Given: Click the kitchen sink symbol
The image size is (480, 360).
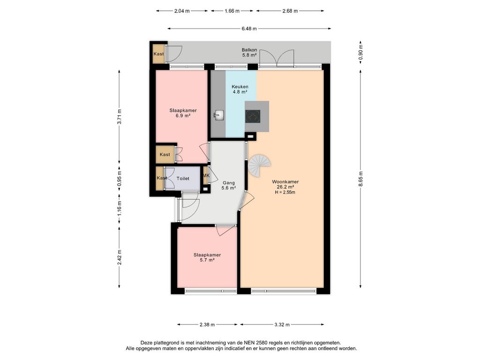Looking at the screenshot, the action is click(219, 116).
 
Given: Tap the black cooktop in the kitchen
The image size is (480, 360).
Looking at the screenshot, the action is click(253, 116).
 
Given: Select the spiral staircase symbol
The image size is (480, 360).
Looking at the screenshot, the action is click(259, 166).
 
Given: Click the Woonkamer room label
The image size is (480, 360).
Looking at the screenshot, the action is click(285, 181).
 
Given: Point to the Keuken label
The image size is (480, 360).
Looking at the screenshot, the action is click(240, 87).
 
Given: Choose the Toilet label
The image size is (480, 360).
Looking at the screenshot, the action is click(183, 178).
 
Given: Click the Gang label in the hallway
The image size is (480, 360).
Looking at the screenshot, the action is click(228, 183).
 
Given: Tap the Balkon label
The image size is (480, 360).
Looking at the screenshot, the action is click(249, 50).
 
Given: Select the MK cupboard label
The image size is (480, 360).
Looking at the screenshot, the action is click(206, 175).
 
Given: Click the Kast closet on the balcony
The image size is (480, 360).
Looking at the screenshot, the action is click(158, 54).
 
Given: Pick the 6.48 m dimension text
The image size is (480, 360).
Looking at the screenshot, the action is click(249, 29).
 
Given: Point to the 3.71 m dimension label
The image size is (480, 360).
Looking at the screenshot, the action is click(119, 116).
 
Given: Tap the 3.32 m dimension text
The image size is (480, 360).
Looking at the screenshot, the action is click(282, 324).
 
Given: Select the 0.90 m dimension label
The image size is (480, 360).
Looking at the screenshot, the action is click(360, 52).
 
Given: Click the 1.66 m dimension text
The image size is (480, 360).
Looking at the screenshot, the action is click(232, 11).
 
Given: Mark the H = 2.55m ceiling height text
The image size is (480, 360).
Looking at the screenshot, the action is click(285, 192).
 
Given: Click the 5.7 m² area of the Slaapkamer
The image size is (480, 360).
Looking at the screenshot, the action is click(207, 260).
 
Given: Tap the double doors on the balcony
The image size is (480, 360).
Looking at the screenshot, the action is click(277, 58).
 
